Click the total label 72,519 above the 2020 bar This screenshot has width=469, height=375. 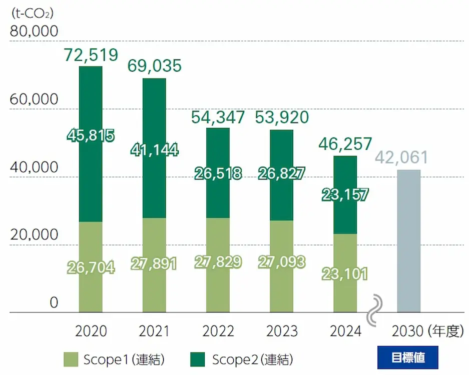point(91,55)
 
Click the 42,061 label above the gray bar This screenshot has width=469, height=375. point(401,157)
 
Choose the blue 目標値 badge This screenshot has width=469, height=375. point(407,357)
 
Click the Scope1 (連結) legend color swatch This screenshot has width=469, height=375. point(71,359)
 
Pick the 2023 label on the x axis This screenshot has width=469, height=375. point(282,331)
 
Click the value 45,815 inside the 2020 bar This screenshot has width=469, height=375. point(91,135)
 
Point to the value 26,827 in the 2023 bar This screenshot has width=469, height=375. point(282,173)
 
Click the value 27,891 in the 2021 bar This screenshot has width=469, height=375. point(154,264)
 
